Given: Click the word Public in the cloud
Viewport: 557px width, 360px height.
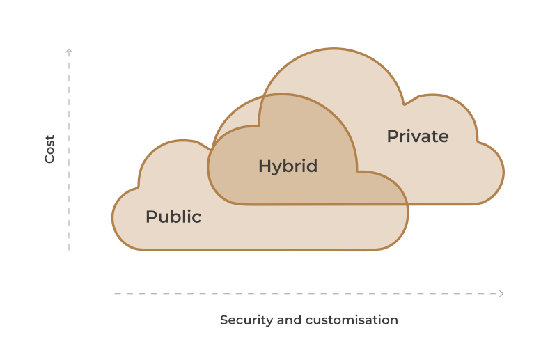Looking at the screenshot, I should point(173,217).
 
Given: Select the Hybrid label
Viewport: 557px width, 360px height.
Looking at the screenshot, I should point(288,166).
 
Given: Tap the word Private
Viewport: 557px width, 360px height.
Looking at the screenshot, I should point(417,136).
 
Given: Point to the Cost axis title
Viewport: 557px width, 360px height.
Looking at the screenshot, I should point(49,149).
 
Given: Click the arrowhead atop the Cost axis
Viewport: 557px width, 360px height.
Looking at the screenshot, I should point(69,51).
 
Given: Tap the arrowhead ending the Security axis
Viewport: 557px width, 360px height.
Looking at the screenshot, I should point(501,294).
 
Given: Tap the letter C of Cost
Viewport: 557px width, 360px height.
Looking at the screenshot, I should point(49,159).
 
